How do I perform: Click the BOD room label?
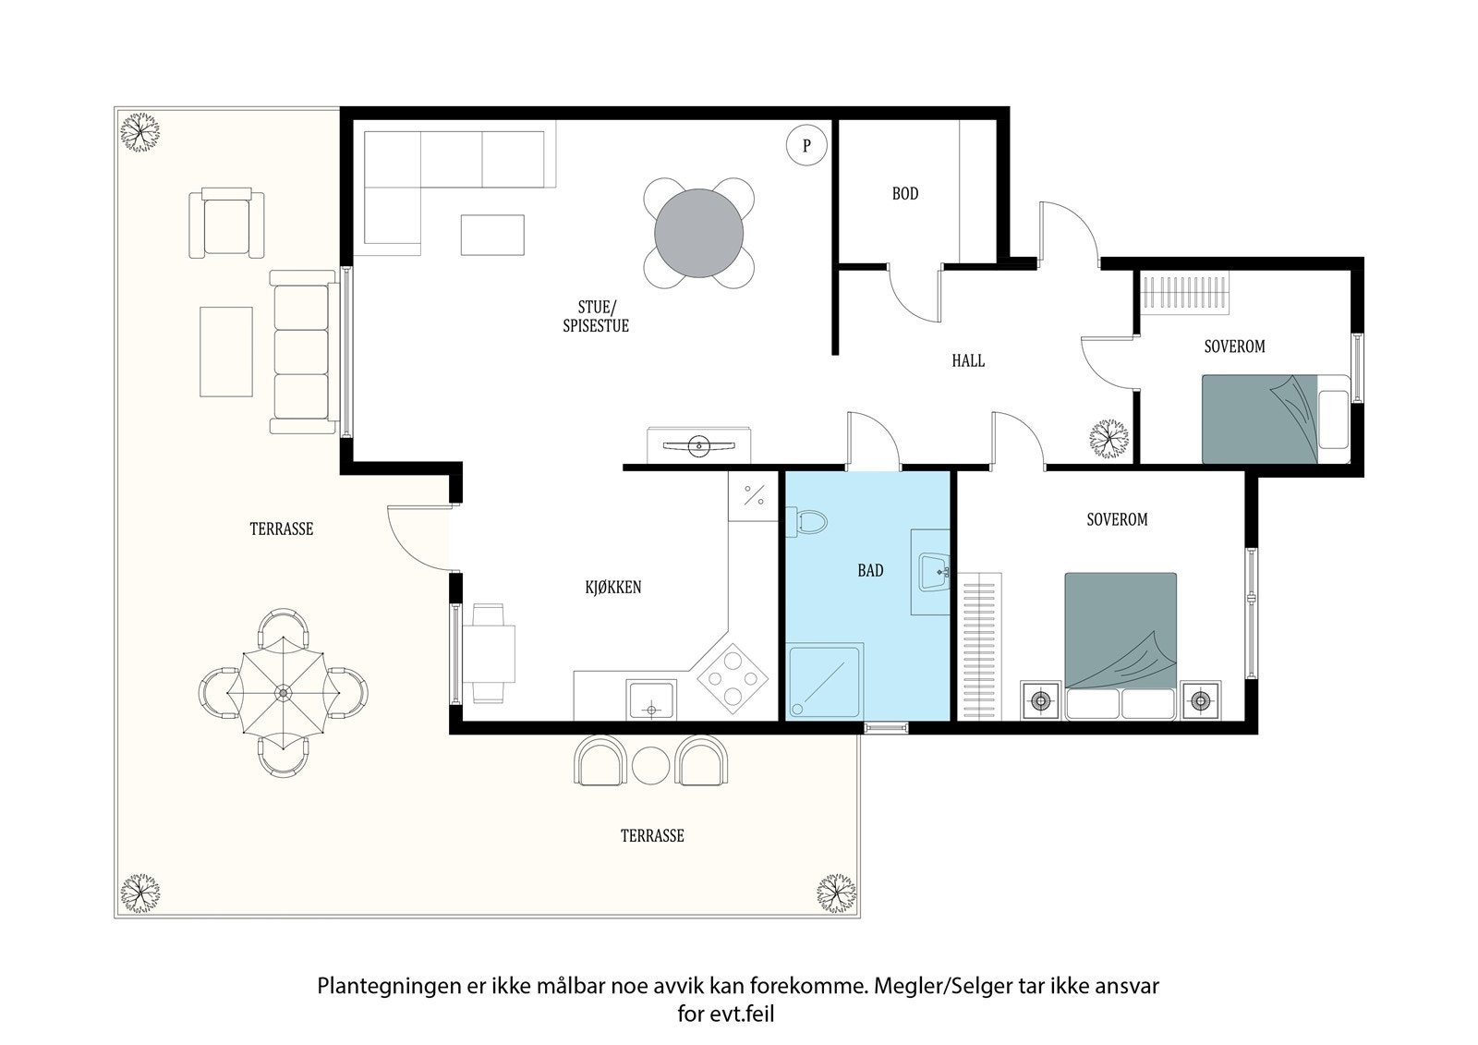pos(904,193)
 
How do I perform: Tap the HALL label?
pos(968,360)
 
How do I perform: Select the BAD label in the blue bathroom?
pos(870,570)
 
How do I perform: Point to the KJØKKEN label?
pos(613,587)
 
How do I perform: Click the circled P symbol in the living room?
pos(806,145)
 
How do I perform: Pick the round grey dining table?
pos(698,233)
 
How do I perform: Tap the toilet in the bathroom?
pos(806,523)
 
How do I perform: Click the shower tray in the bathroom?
pos(826,679)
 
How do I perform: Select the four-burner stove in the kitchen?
pos(733,678)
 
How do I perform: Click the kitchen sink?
pos(651,699)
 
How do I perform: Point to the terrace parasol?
pos(283,693)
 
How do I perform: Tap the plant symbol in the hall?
pos(1108,438)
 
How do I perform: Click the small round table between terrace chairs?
pos(651,765)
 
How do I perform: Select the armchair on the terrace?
pos(226,223)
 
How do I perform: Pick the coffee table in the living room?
pos(493,235)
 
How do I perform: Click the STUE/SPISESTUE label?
pos(596,316)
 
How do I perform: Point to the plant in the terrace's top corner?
pos(139,133)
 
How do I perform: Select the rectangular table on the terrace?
pos(226,352)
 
